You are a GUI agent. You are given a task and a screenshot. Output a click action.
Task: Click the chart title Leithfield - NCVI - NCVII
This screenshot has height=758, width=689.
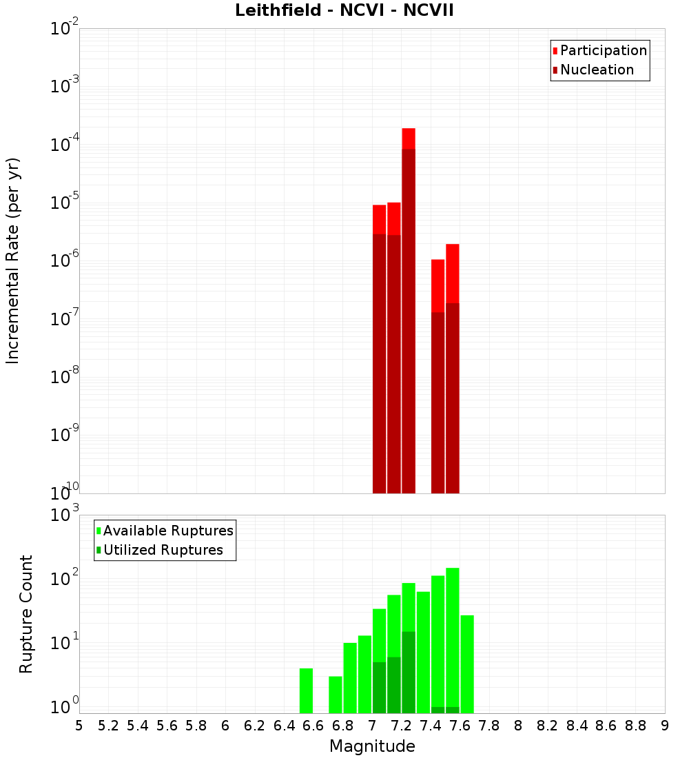(x=344, y=11)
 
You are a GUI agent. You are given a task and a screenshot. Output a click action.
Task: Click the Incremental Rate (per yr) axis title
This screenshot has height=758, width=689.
(x=13, y=260)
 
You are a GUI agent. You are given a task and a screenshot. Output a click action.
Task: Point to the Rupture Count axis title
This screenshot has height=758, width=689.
(x=26, y=614)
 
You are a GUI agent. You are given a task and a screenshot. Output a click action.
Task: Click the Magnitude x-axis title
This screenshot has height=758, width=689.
(x=372, y=746)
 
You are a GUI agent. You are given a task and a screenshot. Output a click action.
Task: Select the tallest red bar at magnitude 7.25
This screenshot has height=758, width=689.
(x=409, y=310)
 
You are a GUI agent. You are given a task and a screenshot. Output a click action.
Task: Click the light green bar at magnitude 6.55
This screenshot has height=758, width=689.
(x=306, y=690)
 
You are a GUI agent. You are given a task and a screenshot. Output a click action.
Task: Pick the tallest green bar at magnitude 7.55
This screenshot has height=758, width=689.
(x=453, y=637)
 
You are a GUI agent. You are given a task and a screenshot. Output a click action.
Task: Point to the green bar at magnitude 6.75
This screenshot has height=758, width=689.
(x=336, y=695)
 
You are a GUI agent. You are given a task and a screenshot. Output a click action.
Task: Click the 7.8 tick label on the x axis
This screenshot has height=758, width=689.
(x=489, y=726)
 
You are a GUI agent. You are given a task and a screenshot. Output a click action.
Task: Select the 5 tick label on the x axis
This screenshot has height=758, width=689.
(x=79, y=726)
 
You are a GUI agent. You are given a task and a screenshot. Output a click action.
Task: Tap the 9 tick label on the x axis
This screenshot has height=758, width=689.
(x=665, y=726)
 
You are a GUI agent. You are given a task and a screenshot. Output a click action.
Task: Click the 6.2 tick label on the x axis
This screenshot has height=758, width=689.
(x=254, y=726)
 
